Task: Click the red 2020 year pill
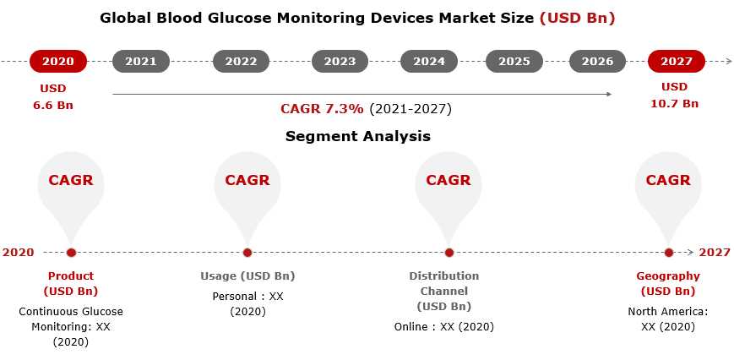click(x=58, y=62)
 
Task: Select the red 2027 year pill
click(x=677, y=62)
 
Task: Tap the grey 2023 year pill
click(x=340, y=62)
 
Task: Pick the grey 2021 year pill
click(x=141, y=62)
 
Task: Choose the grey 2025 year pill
click(x=514, y=62)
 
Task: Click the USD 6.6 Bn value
click(x=53, y=96)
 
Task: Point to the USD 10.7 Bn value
click(x=675, y=95)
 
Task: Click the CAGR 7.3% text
click(x=322, y=109)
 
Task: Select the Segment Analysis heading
click(x=358, y=136)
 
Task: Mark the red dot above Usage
click(x=247, y=253)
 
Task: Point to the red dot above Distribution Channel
click(x=449, y=253)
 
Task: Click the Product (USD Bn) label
click(x=71, y=283)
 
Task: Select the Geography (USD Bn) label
click(x=668, y=283)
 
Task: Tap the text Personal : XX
click(x=247, y=297)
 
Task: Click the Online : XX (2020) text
click(x=443, y=327)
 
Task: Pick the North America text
click(x=667, y=311)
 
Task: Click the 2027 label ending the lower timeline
click(x=715, y=253)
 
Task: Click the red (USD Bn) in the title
click(x=577, y=19)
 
